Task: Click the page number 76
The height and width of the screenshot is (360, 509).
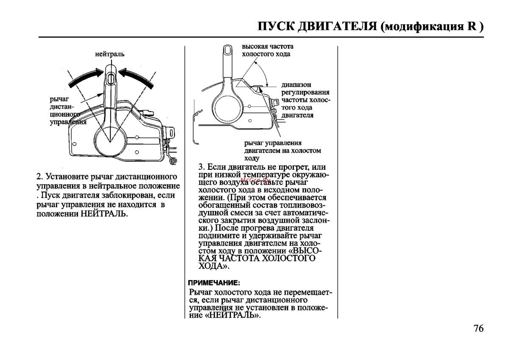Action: pyautogui.click(x=477, y=329)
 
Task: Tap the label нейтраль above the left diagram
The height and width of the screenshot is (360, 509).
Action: pyautogui.click(x=110, y=54)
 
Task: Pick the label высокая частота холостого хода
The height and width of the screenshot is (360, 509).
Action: pyautogui.click(x=267, y=50)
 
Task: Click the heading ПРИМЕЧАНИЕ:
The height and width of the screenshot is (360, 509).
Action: pyautogui.click(x=214, y=282)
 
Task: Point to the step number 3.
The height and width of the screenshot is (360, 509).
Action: pyautogui.click(x=201, y=167)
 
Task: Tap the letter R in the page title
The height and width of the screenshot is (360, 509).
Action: pyautogui.click(x=472, y=26)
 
